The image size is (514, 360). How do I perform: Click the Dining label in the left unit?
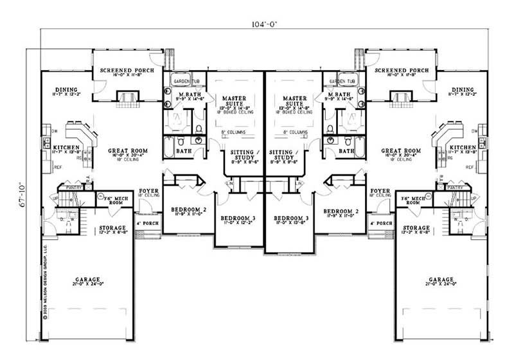pos(66,90)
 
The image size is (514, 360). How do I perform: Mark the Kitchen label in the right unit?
pos(463,147)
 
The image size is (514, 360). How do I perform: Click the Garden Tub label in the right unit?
pos(342,82)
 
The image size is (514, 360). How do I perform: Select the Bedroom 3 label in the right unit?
pos(291,219)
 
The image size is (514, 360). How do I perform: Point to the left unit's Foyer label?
pos(149,191)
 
